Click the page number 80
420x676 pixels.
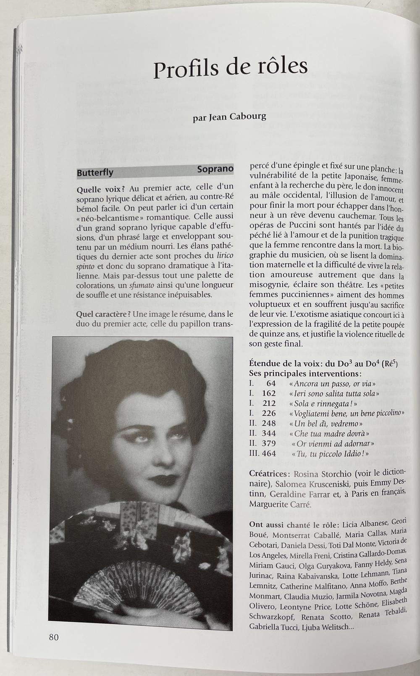(x=53, y=637)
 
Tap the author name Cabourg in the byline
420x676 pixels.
(x=248, y=117)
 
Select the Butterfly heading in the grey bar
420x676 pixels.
(x=95, y=172)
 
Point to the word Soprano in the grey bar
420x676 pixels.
(x=215, y=169)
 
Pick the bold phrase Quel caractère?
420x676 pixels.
(x=103, y=314)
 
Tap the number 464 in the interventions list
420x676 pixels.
(x=269, y=453)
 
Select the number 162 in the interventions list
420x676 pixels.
(x=269, y=393)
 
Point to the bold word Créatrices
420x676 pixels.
(x=269, y=474)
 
